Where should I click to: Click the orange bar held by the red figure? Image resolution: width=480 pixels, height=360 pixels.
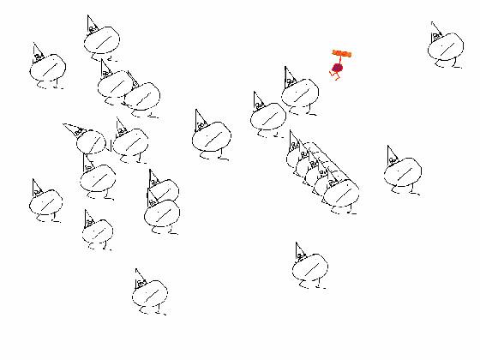[342, 54]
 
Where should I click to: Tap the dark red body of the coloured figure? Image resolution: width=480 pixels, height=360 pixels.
[338, 68]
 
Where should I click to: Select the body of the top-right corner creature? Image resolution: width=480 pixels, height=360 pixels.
[446, 48]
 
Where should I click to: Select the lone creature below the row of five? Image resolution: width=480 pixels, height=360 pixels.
[309, 269]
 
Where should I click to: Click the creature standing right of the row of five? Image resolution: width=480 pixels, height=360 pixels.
[401, 173]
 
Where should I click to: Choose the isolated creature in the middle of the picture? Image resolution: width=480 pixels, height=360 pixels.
[212, 137]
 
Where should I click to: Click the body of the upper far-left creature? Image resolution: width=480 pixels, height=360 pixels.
[47, 69]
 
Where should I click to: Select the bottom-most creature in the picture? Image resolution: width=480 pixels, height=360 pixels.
[150, 294]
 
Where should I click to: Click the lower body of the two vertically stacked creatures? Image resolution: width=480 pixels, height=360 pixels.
[162, 214]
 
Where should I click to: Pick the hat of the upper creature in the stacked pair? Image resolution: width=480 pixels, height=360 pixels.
[153, 178]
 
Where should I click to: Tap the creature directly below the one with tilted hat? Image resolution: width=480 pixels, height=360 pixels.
[98, 178]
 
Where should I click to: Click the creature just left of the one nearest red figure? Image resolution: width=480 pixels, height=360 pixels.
[268, 117]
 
